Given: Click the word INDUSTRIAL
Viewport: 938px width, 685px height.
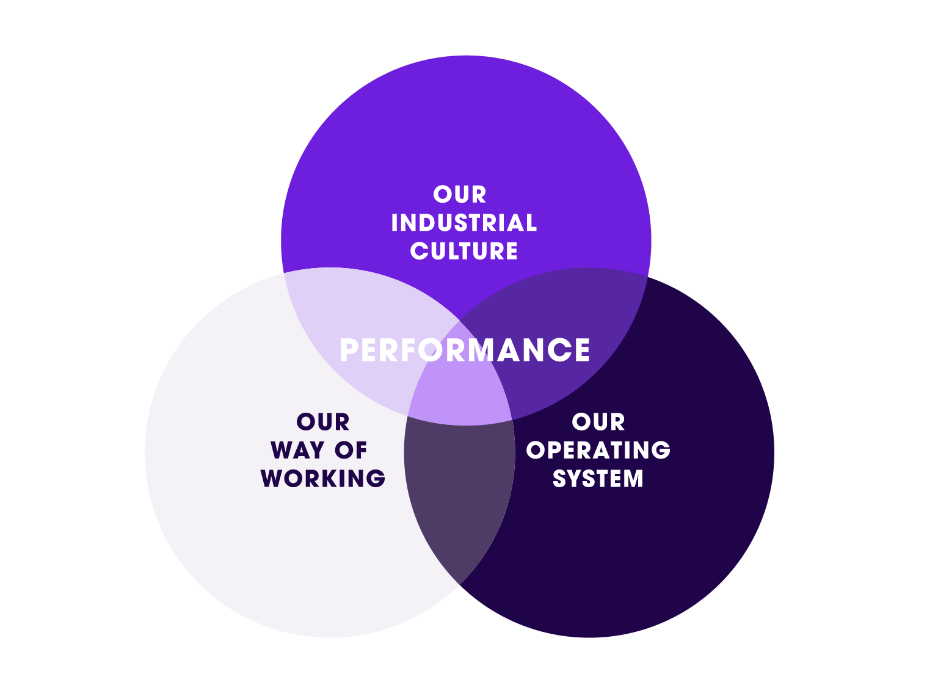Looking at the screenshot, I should point(464,223).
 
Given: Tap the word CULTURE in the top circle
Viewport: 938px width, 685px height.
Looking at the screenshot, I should point(464,251).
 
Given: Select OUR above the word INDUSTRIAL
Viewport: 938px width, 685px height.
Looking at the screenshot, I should point(460,195).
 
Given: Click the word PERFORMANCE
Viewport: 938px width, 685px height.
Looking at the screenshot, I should point(465,350).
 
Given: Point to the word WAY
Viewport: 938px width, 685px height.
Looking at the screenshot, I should point(297,451).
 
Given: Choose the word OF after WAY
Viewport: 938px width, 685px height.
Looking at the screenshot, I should point(351,451).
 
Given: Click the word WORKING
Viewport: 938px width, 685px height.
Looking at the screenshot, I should point(323,479).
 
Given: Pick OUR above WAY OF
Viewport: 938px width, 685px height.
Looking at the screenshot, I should point(323,422).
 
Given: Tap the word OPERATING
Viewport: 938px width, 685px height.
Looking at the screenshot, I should point(598,451).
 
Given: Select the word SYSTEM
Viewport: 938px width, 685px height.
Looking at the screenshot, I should point(598,479).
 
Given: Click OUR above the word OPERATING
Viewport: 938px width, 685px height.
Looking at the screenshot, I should point(598,422).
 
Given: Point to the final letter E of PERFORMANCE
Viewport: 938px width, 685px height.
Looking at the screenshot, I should point(581,350).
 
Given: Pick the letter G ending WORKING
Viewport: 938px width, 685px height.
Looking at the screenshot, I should point(377,479).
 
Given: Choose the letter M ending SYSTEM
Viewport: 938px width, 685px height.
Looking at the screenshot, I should point(633,479).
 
